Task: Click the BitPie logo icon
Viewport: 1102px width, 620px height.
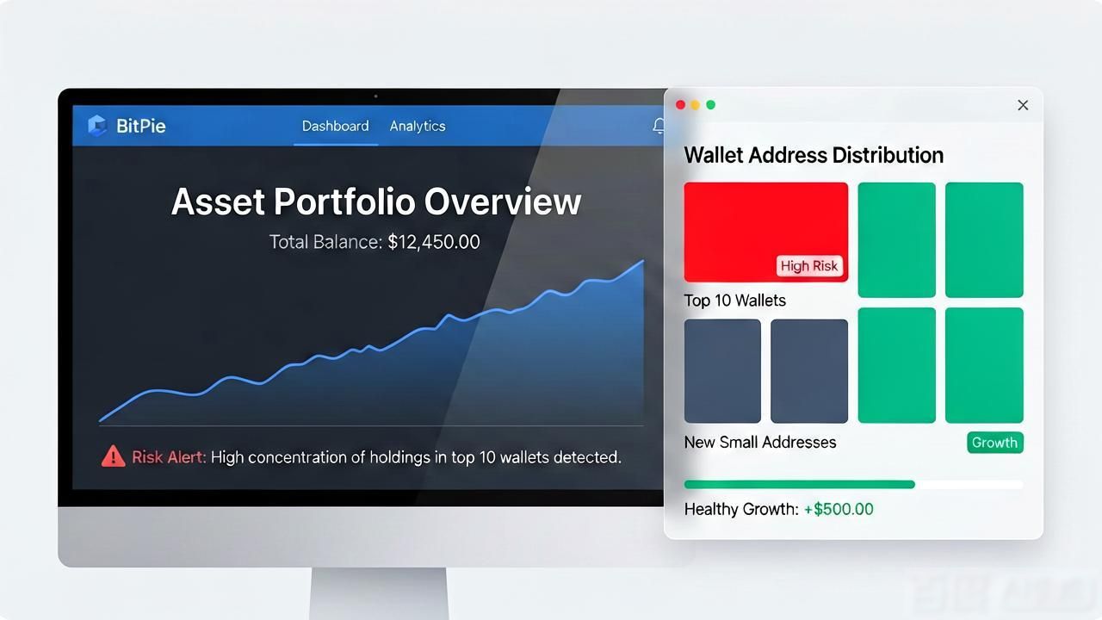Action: pyautogui.click(x=97, y=126)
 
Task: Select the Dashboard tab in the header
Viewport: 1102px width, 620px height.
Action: pyautogui.click(x=336, y=127)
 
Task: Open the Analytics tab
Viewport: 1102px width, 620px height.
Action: pyautogui.click(x=418, y=127)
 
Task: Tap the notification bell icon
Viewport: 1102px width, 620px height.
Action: pyautogui.click(x=659, y=126)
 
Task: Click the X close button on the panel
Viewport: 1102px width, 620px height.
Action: pyautogui.click(x=1023, y=105)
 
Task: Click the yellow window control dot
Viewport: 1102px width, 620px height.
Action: pyautogui.click(x=695, y=105)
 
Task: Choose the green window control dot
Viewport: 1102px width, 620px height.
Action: pyautogui.click(x=711, y=105)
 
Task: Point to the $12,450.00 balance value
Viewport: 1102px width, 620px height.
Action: pyautogui.click(x=433, y=242)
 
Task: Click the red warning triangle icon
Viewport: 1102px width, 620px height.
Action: pyautogui.click(x=113, y=456)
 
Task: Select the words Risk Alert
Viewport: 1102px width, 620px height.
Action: pyautogui.click(x=169, y=457)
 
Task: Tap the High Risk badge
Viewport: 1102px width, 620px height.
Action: pyautogui.click(x=809, y=266)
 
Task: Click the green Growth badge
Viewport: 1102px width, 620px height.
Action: pyautogui.click(x=994, y=443)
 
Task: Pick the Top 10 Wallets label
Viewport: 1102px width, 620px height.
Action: pyautogui.click(x=735, y=301)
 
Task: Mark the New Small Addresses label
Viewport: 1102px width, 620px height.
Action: pyautogui.click(x=760, y=443)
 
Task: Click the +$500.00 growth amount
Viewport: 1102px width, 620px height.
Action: pyautogui.click(x=839, y=509)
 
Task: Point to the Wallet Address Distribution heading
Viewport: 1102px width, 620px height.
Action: pyautogui.click(x=814, y=156)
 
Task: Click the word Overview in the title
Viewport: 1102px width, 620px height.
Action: pyautogui.click(x=503, y=201)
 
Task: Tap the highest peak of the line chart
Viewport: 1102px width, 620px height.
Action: pyautogui.click(x=643, y=261)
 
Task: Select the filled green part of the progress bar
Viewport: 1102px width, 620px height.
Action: pyautogui.click(x=800, y=485)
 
